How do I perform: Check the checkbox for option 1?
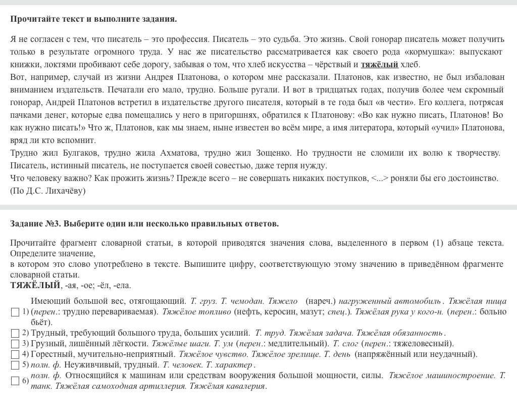[15, 312]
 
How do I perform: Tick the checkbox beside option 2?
[15, 333]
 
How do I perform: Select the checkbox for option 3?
[15, 344]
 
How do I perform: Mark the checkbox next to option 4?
[15, 354]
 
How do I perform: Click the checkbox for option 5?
[15, 365]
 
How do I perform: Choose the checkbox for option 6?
[15, 381]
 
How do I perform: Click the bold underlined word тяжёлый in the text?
[379, 64]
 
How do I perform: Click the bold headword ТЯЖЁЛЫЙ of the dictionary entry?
[35, 285]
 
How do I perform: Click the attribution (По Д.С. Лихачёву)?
[48, 191]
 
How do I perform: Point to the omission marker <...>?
[380, 178]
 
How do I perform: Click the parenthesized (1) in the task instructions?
[437, 243]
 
